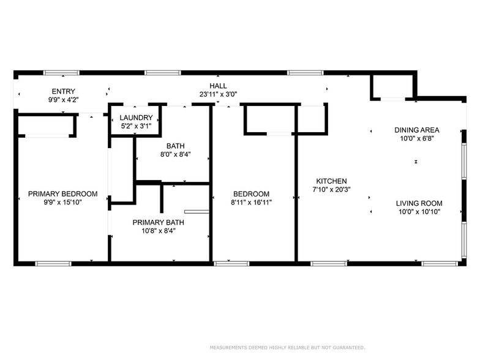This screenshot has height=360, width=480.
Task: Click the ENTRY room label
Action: pyautogui.click(x=64, y=91)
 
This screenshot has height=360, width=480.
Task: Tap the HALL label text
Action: pyautogui.click(x=218, y=86)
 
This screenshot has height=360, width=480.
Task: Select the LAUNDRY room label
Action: pyautogui.click(x=136, y=118)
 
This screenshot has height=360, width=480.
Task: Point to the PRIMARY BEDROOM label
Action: pyautogui.click(x=62, y=194)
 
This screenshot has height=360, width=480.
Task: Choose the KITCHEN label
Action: pyautogui.click(x=331, y=181)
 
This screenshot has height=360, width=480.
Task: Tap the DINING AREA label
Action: pyautogui.click(x=416, y=130)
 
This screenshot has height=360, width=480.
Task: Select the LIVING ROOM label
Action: pyautogui.click(x=419, y=203)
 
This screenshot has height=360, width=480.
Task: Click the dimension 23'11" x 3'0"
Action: pyautogui.click(x=218, y=94)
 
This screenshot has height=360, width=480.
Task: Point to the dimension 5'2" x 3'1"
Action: pyautogui.click(x=136, y=126)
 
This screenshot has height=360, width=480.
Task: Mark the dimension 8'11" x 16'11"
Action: pyautogui.click(x=251, y=203)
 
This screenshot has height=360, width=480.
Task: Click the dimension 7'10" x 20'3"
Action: pyautogui.click(x=331, y=190)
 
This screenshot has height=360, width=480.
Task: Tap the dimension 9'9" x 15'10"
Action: pyautogui.click(x=62, y=203)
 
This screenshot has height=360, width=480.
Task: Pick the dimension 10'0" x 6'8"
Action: pyautogui.click(x=416, y=139)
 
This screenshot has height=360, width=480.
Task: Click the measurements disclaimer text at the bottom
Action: pyautogui.click(x=287, y=348)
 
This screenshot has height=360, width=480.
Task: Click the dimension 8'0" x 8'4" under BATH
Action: pyautogui.click(x=175, y=155)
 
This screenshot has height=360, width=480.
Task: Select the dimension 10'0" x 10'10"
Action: pyautogui.click(x=419, y=212)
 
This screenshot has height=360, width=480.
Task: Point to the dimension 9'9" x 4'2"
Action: pyautogui.click(x=64, y=99)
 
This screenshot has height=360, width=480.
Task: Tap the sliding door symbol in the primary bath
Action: pyautogui.click(x=197, y=212)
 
